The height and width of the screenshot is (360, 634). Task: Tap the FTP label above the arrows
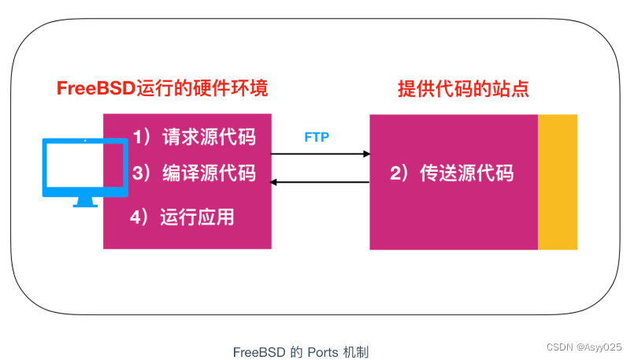click(x=317, y=137)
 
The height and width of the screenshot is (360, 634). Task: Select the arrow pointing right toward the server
click(x=320, y=154)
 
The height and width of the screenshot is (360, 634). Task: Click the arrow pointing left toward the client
click(x=320, y=183)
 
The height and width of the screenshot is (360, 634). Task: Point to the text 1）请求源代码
click(x=194, y=137)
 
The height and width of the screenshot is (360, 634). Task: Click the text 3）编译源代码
click(x=194, y=173)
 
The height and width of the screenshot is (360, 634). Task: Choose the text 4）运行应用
click(x=183, y=217)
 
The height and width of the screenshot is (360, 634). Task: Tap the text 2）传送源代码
click(x=452, y=173)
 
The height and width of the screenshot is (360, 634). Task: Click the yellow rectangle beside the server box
click(x=558, y=182)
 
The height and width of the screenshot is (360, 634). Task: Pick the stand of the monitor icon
click(x=85, y=200)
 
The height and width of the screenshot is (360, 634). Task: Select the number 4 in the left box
click(x=135, y=217)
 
